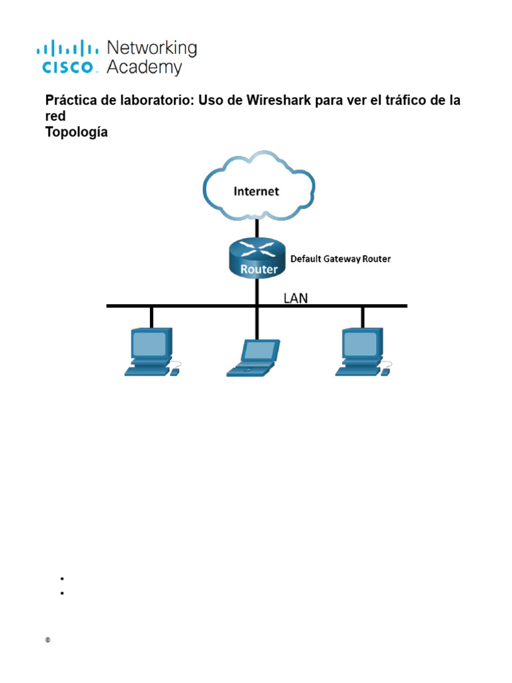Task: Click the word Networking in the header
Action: (152, 48)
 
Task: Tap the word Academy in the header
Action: (144, 67)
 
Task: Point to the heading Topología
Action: (76, 132)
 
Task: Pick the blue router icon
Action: (257, 259)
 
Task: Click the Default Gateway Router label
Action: (340, 259)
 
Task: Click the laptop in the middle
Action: (253, 356)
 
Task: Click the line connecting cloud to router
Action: (257, 229)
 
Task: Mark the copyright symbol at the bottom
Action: (48, 640)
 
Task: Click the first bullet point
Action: (61, 579)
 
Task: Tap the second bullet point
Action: (61, 592)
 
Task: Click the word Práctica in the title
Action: (70, 101)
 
